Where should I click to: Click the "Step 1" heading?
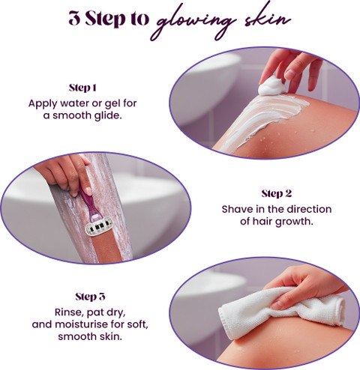pyautogui.click(x=82, y=88)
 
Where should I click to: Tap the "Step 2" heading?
pyautogui.click(x=277, y=194)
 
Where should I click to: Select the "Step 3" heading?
pyautogui.click(x=90, y=297)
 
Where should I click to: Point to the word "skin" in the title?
pyautogui.click(x=268, y=18)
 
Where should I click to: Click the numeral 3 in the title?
pyautogui.click(x=75, y=19)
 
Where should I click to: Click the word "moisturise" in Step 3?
pyautogui.click(x=81, y=324)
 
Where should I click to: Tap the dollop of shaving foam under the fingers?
pyautogui.click(x=271, y=86)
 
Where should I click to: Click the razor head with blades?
pyautogui.click(x=99, y=227)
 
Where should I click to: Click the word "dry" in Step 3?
pyautogui.click(x=115, y=313)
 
